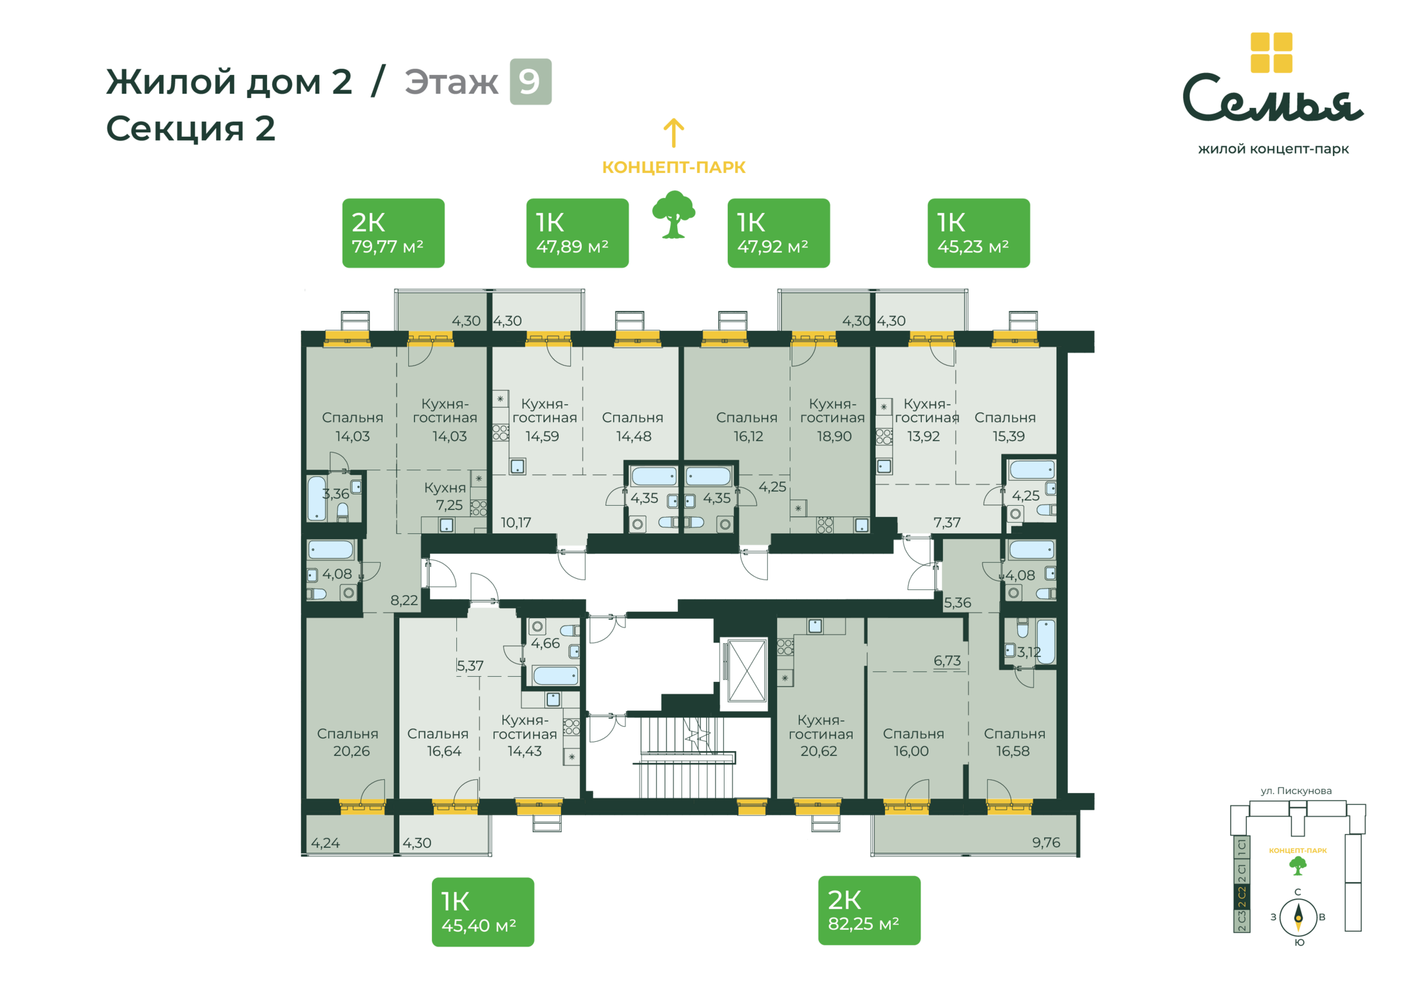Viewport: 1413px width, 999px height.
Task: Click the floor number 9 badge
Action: (x=530, y=82)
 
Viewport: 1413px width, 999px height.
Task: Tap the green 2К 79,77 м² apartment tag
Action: (x=393, y=233)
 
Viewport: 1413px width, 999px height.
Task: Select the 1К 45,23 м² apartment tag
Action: (x=979, y=233)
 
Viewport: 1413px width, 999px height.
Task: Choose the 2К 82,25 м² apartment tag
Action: (x=869, y=910)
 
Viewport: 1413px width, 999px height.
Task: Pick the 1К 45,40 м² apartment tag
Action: (x=483, y=912)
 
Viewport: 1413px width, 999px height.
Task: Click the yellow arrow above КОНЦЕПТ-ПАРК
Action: (x=673, y=133)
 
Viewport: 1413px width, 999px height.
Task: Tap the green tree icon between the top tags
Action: (x=673, y=215)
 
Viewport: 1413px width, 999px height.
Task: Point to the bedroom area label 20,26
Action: (x=351, y=751)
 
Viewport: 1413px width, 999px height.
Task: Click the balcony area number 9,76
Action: (x=1046, y=842)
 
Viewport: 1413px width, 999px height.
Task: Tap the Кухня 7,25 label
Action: (x=445, y=496)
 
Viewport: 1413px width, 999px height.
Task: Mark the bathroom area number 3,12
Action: (x=1029, y=652)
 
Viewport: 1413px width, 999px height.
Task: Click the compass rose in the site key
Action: (x=1298, y=917)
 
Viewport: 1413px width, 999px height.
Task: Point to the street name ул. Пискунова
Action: (x=1296, y=791)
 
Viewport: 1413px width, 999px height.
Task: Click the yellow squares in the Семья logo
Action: (x=1271, y=52)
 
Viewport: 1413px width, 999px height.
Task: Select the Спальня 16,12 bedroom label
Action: (x=747, y=426)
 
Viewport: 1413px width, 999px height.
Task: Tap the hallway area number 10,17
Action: (x=516, y=523)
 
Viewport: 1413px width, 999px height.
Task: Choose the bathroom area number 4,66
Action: (x=545, y=643)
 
